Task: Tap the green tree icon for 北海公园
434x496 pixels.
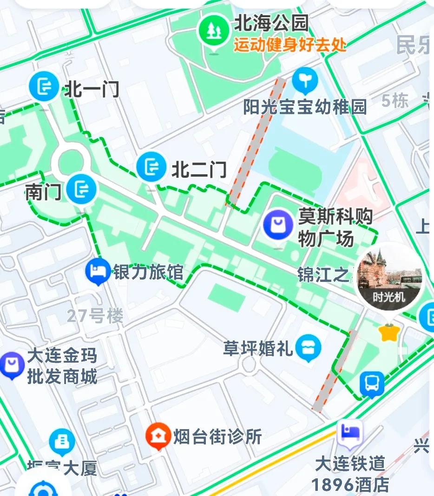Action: [214, 31]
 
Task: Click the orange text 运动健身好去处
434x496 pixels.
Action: [290, 46]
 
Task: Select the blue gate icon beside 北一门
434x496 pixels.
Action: [44, 86]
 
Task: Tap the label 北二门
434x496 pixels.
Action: [199, 170]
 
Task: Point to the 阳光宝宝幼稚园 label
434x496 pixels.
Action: [305, 107]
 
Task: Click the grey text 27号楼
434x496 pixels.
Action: [95, 316]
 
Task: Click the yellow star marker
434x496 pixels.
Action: [389, 333]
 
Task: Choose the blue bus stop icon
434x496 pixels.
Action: [372, 384]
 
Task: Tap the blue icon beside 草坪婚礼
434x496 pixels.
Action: [309, 347]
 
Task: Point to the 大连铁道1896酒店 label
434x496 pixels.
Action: [350, 474]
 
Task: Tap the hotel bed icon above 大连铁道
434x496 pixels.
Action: [349, 432]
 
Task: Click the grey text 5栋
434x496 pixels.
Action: [395, 100]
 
